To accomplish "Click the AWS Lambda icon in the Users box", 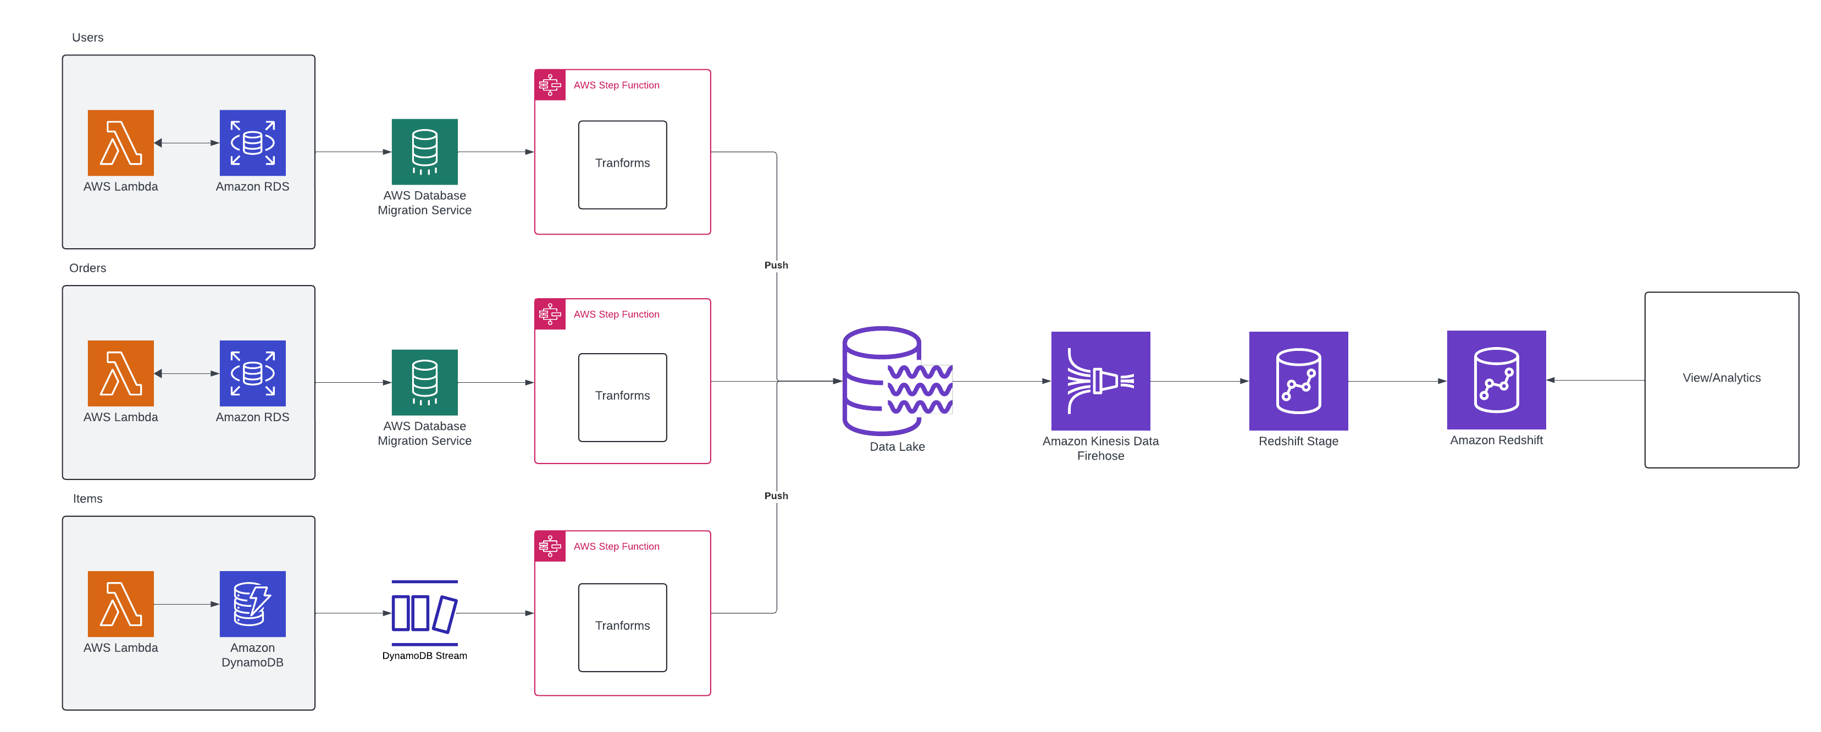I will coord(121,143).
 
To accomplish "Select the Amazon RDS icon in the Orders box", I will coord(252,373).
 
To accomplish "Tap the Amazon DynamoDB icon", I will coord(252,604).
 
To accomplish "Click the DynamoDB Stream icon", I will coord(425,613).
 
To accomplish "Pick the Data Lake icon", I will coord(897,381).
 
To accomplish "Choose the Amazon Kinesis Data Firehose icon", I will coord(1100,381).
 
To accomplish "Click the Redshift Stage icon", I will coord(1298,381).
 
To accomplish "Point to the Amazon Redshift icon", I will coord(1496,380).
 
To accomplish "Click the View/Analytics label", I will coord(1722,378).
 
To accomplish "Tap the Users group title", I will coord(87,37).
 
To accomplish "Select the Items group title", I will coord(87,499).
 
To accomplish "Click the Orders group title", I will coord(87,268).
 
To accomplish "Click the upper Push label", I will coord(776,265).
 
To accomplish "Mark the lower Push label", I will coord(776,496).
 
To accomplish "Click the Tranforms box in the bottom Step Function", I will coord(622,627).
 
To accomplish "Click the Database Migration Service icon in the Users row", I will coord(425,151).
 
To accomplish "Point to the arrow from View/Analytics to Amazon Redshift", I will coord(1595,380).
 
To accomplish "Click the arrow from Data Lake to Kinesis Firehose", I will coord(1001,382).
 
